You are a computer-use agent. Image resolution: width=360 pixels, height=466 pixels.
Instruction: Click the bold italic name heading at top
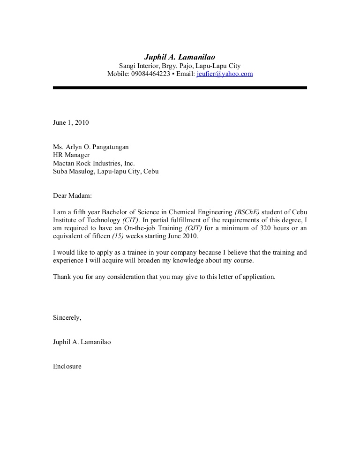pos(180,57)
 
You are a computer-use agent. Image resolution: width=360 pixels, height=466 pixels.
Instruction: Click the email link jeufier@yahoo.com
pos(225,74)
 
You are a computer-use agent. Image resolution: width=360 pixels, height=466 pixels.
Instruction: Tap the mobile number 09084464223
pos(151,74)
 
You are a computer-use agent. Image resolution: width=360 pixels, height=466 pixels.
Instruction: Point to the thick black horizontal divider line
pos(180,88)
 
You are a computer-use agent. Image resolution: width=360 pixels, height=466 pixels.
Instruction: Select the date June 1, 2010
pos(71,123)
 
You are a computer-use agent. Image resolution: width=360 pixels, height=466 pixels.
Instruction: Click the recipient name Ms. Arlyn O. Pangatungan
pos(90,147)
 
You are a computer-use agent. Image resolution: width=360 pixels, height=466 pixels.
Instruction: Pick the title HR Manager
pos(71,155)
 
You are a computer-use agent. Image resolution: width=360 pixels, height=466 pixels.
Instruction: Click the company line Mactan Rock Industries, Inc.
pos(94,163)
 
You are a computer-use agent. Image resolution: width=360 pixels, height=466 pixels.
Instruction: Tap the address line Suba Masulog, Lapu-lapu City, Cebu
pos(105,172)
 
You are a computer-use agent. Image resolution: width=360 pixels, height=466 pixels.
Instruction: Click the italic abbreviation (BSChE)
pos(247,212)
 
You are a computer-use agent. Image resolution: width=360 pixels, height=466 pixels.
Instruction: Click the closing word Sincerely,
pos(67,317)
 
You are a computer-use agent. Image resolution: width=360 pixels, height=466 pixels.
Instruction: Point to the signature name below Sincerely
pos(82,342)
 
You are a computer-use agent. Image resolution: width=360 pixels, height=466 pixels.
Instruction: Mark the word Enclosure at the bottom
pos(67,366)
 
